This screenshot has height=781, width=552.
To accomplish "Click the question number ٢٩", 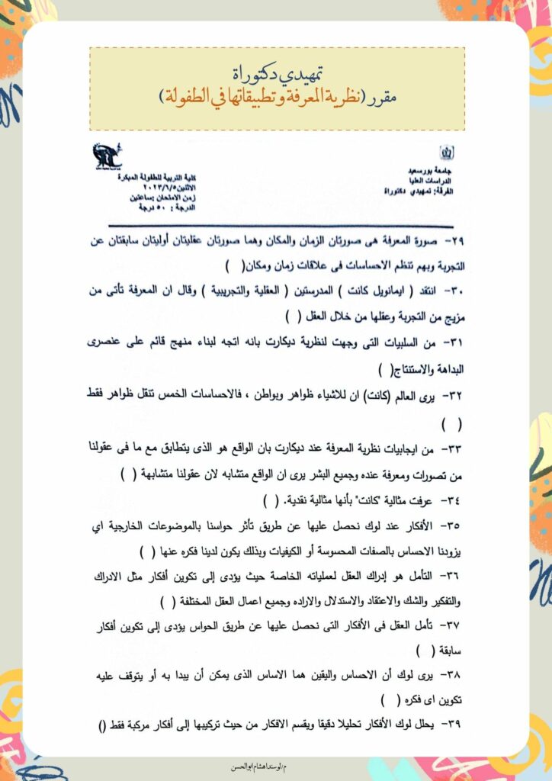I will [456, 241].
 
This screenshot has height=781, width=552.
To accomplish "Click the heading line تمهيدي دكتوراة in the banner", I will [277, 72].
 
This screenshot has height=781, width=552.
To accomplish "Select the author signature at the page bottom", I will [275, 765].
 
